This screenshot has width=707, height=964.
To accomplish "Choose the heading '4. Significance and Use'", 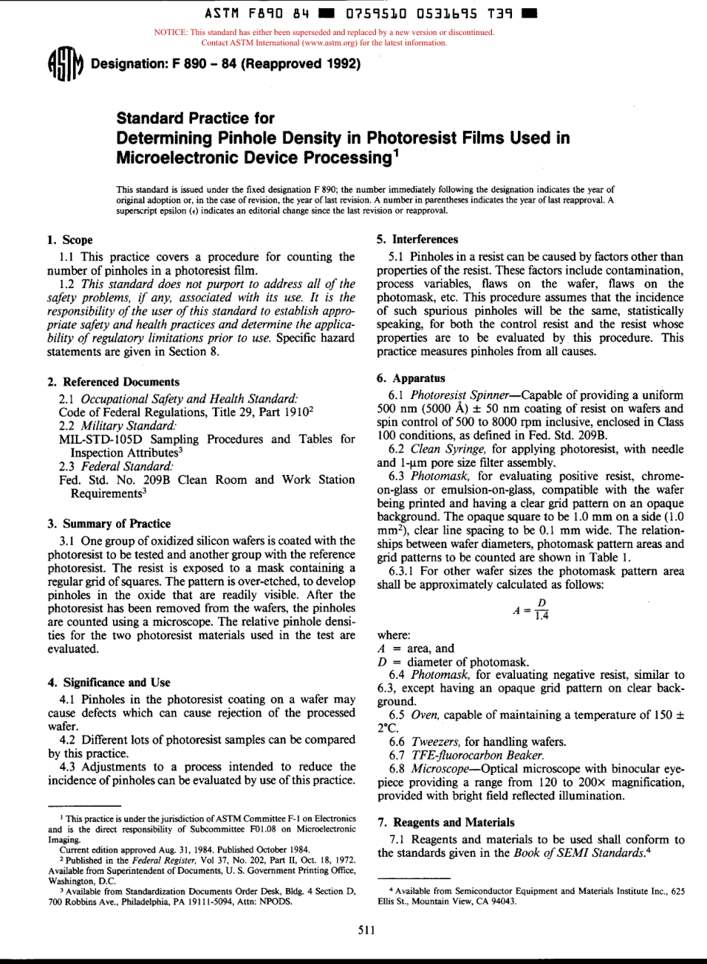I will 109,682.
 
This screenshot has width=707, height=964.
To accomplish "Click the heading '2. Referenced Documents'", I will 113,382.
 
